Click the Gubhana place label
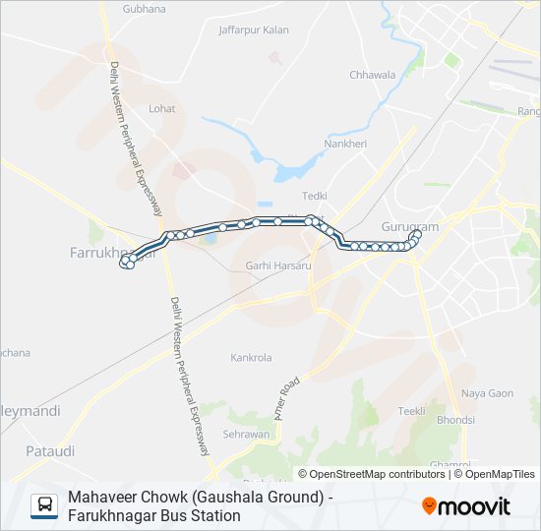(x=145, y=8)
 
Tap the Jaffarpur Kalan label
(x=254, y=29)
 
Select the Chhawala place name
(x=372, y=75)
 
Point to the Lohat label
(x=162, y=109)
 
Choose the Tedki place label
(x=315, y=196)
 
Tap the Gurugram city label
(x=409, y=227)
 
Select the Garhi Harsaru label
(x=278, y=265)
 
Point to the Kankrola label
(x=251, y=358)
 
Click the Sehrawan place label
(x=246, y=434)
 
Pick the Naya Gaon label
(x=488, y=393)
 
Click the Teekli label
(x=411, y=411)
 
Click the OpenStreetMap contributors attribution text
(x=379, y=474)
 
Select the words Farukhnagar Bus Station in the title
(x=154, y=515)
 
